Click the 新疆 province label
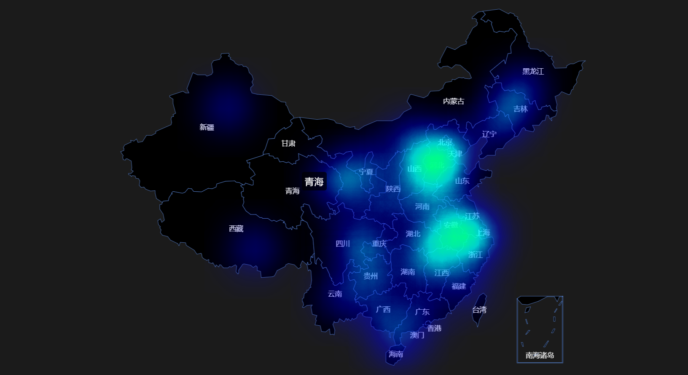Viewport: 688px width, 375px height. coord(207,127)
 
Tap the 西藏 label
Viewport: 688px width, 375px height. coord(236,229)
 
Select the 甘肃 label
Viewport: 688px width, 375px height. coord(288,144)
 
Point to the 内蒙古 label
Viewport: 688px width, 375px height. coord(454,101)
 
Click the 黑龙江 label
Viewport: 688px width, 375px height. coord(533,72)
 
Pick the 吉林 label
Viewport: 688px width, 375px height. coord(521,109)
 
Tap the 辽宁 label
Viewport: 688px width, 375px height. coord(489,134)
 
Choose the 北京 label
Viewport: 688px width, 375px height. coord(445,142)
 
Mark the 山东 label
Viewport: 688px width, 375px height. coord(462,181)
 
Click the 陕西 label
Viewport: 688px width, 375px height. coord(393,189)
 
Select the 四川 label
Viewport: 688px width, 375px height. coord(343,244)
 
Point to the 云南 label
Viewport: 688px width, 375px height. coord(335,294)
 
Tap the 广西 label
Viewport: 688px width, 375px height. coord(383,310)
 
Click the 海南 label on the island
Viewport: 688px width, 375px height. coord(395,354)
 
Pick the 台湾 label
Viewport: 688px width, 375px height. coord(479,310)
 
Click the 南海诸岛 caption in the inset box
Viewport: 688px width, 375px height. coord(540,356)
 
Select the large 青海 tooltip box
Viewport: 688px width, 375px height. coord(314,182)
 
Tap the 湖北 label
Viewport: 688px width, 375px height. coord(413,234)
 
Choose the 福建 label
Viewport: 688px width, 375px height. coord(459,287)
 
